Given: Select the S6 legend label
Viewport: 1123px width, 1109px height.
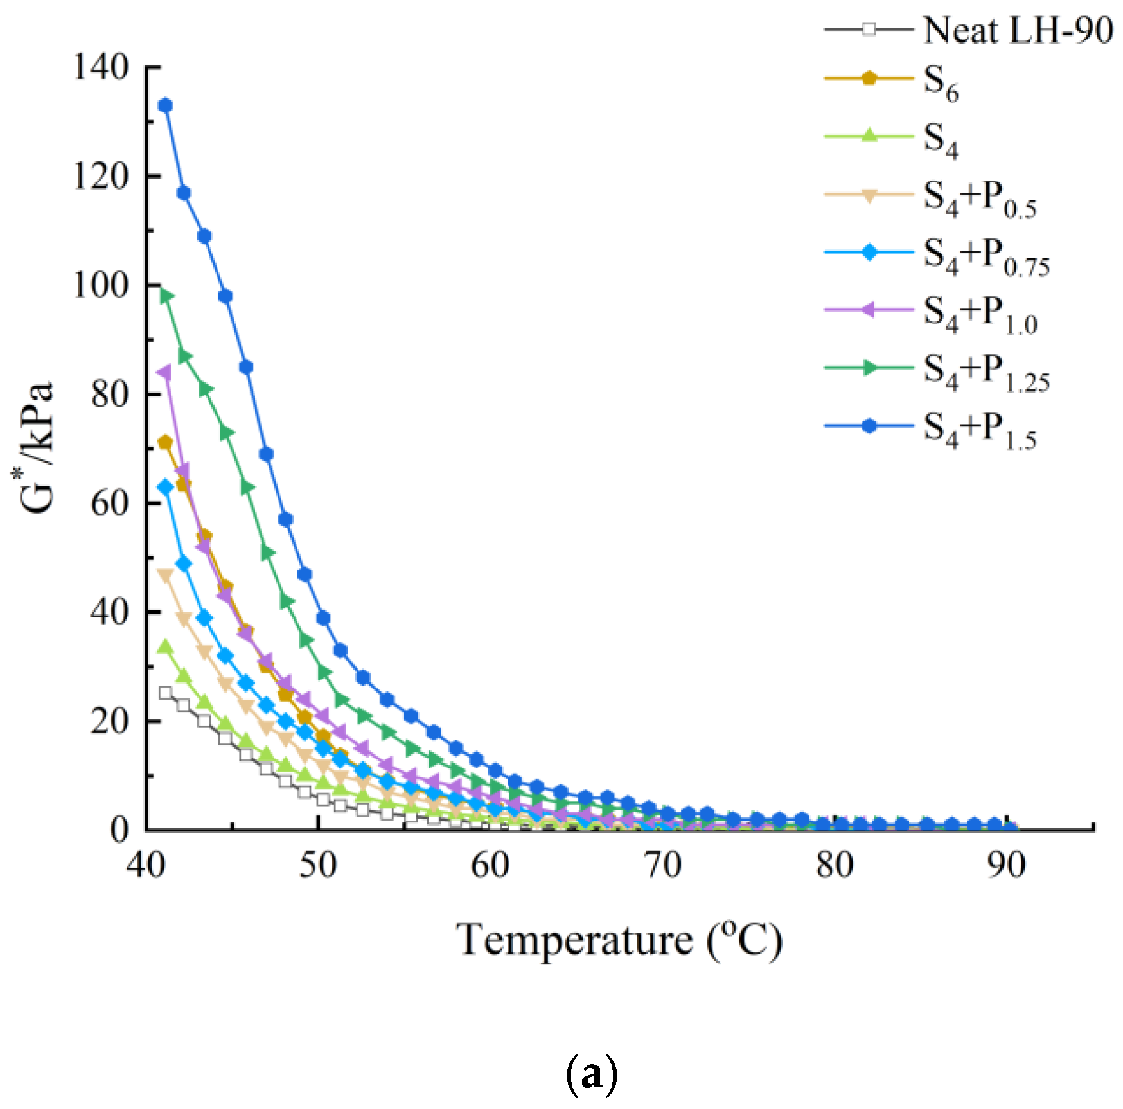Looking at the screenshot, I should coord(941,84).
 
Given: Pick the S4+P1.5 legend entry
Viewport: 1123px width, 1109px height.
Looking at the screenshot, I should coord(980,429).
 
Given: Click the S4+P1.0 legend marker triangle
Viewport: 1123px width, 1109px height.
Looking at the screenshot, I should coord(869,310).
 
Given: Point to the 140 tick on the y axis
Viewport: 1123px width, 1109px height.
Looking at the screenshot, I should coord(102,67).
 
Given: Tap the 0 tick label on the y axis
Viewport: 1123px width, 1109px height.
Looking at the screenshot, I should coord(119,830).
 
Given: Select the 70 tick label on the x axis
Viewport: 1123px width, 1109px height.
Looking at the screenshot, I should coord(662,865).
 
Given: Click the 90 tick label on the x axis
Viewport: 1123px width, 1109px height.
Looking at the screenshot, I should coord(1006,865).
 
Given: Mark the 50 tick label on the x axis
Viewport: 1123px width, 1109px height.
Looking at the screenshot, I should coord(318,865).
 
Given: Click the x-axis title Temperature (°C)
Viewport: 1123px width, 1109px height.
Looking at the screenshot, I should coord(619,941).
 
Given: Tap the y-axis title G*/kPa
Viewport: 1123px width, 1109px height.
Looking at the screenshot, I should coord(37,448).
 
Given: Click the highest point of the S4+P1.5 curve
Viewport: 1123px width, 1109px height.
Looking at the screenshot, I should coord(165,105).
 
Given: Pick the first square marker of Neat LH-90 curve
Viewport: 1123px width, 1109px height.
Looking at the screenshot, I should coord(165,693).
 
